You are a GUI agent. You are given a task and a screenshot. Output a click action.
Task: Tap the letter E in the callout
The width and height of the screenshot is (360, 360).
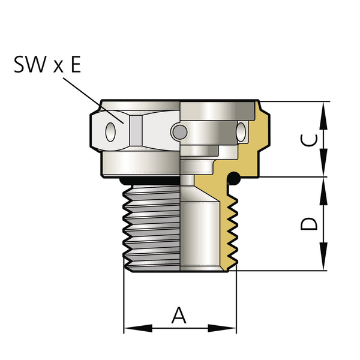pyautogui.click(x=76, y=64)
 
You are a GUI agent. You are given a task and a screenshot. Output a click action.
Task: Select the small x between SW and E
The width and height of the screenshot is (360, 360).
pyautogui.click(x=58, y=66)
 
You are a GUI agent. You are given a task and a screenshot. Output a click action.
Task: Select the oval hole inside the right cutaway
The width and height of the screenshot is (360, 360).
pyautogui.click(x=241, y=130)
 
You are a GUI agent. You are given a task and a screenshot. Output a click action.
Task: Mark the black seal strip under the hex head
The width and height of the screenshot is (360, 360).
pyautogui.click(x=150, y=179)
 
